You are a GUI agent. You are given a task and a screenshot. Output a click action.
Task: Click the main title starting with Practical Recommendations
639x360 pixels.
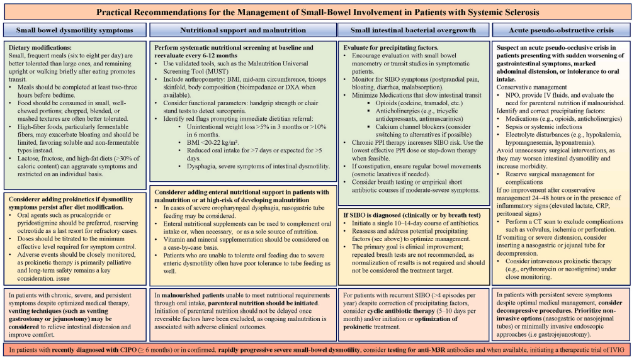pyautogui.click(x=317, y=12)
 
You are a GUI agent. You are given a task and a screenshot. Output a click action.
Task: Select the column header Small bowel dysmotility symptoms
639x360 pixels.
pyautogui.click(x=74, y=30)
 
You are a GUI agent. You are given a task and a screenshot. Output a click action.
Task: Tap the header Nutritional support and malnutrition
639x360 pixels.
pyautogui.click(x=243, y=30)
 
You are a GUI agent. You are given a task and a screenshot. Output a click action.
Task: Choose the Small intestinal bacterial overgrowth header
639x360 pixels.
pyautogui.click(x=413, y=30)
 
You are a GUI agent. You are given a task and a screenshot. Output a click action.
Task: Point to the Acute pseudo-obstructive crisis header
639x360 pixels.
pyautogui.click(x=561, y=30)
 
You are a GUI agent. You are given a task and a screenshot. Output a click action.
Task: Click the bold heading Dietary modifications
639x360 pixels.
pyautogui.click(x=40, y=48)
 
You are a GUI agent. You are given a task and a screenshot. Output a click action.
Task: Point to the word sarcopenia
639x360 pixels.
pyautogui.click(x=231, y=111)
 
